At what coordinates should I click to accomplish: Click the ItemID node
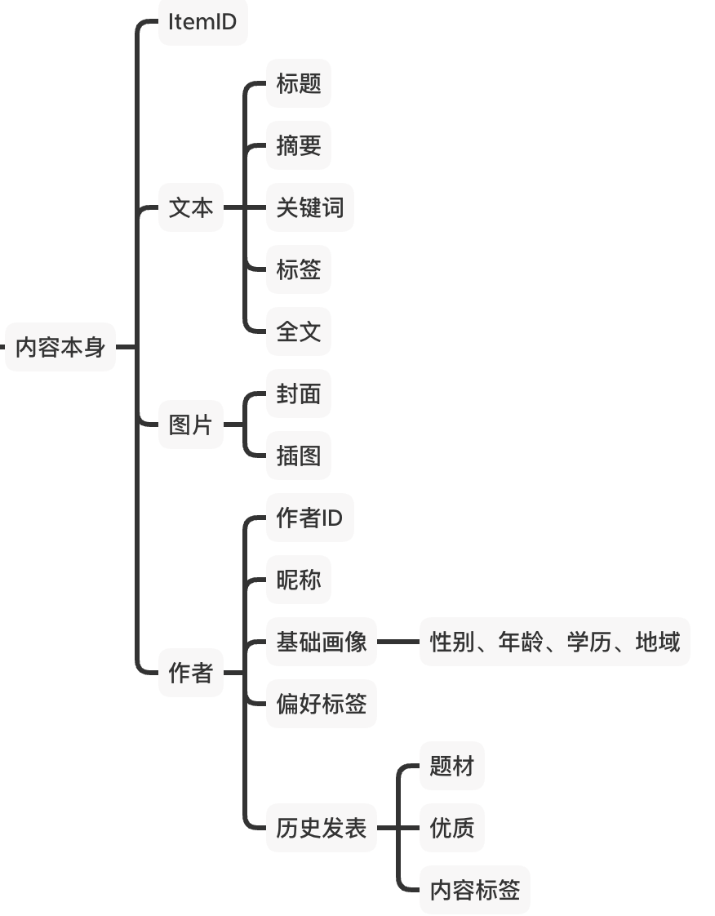point(202,22)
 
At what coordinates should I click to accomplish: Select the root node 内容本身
point(60,347)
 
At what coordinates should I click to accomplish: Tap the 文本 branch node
point(190,207)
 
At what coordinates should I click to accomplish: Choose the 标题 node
point(298,83)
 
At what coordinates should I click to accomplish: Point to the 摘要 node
point(298,145)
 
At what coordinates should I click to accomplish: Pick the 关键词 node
point(309,207)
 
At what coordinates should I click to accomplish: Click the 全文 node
point(298,331)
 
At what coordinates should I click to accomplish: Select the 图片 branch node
point(190,425)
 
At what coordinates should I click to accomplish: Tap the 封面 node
point(298,394)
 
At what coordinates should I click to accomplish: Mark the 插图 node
point(298,456)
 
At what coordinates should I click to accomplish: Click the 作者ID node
point(309,518)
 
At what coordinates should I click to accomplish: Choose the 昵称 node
point(298,580)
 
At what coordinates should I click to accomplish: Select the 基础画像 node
point(321,642)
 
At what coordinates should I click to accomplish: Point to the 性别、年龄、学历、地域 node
point(554,642)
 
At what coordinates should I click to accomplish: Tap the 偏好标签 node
point(321,704)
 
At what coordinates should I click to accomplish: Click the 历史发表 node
point(321,828)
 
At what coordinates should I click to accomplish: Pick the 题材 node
point(451,766)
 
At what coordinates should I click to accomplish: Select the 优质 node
point(451,828)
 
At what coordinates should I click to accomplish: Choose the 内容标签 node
point(474,890)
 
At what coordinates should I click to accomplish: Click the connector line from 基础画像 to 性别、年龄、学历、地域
point(397,642)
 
